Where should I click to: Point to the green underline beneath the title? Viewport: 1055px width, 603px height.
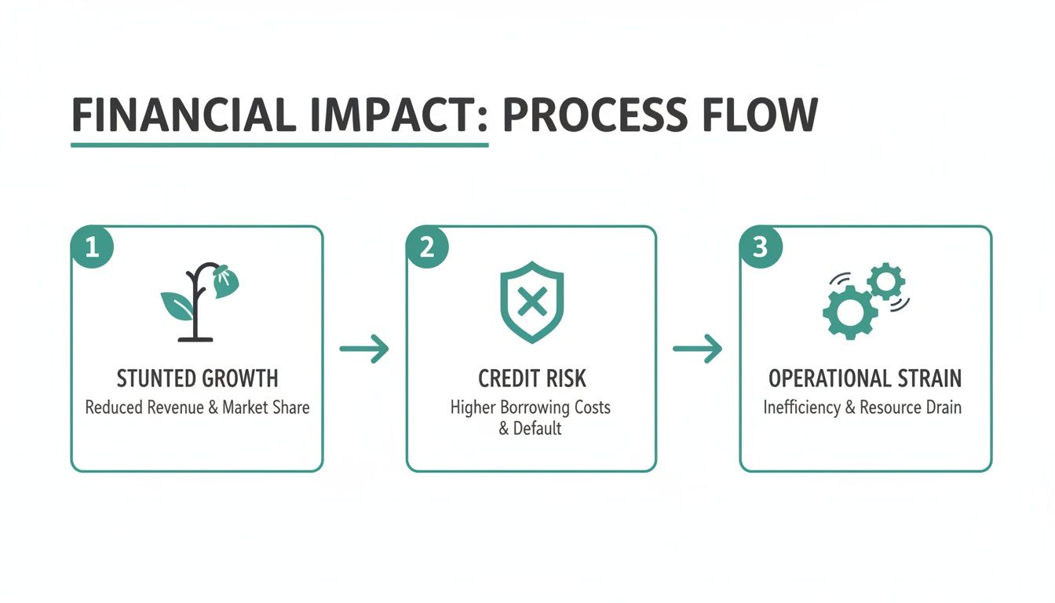(x=279, y=144)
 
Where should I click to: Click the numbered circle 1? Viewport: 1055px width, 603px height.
(x=92, y=248)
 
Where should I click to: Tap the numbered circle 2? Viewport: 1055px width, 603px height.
(x=427, y=248)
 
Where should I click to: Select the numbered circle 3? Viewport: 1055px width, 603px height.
(x=760, y=248)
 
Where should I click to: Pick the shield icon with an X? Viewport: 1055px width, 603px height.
(x=531, y=302)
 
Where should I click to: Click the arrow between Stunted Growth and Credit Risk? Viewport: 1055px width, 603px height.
(x=364, y=349)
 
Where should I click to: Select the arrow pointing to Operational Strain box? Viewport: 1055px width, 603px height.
(x=698, y=349)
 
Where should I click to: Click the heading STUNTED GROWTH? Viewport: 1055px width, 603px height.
(x=197, y=378)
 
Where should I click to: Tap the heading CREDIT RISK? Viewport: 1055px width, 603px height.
(x=531, y=378)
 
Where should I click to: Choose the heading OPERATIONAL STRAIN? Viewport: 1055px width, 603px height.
(x=864, y=378)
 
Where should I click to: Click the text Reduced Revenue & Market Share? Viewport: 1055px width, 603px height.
(x=197, y=407)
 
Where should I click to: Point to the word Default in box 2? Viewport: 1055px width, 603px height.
(x=538, y=429)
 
